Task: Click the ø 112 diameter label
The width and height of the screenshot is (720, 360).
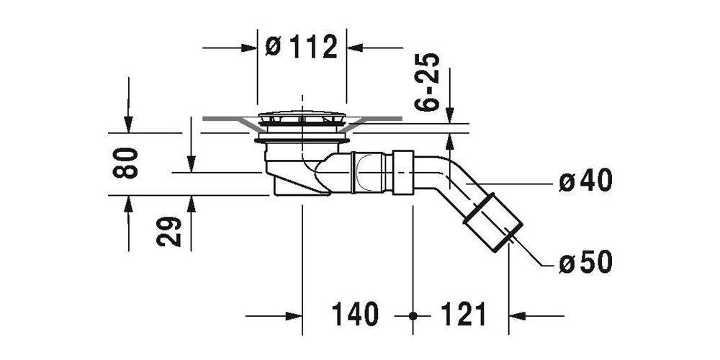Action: click(x=302, y=46)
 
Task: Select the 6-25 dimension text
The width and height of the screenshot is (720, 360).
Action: click(x=426, y=82)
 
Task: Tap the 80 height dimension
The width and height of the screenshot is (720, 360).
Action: click(x=125, y=163)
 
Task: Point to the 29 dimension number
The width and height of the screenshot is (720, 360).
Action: click(x=169, y=231)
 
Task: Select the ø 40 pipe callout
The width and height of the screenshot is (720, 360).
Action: click(x=585, y=181)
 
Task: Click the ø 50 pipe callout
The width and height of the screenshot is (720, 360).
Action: click(x=585, y=263)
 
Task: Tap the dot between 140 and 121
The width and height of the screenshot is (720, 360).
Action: click(x=413, y=316)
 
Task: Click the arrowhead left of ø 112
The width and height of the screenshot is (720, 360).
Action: click(x=249, y=48)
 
